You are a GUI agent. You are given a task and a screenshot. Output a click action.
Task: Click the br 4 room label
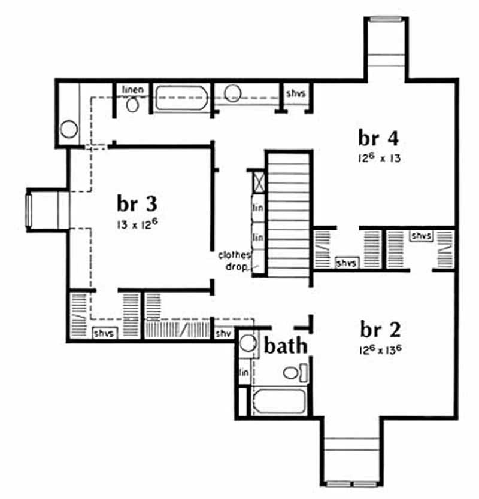tap(378, 138)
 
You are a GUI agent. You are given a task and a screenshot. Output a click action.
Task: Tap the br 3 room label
tap(137, 204)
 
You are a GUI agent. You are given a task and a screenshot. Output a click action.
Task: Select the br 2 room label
tap(380, 330)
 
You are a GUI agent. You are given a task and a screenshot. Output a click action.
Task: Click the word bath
tap(286, 346)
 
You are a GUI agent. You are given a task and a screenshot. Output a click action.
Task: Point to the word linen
tap(132, 90)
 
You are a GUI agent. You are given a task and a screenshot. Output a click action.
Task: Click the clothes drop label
tap(234, 260)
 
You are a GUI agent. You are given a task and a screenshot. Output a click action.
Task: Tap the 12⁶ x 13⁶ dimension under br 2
tap(380, 349)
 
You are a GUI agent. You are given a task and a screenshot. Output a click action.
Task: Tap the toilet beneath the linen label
tap(133, 105)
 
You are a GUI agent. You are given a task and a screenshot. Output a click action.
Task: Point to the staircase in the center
tap(288, 214)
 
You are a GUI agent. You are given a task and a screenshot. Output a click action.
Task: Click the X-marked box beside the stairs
tap(259, 181)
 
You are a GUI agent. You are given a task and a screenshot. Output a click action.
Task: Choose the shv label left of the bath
tap(223, 333)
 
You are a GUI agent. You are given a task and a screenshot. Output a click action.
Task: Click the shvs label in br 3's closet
tap(105, 333)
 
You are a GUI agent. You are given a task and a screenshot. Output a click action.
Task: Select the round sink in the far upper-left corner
tap(69, 129)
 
